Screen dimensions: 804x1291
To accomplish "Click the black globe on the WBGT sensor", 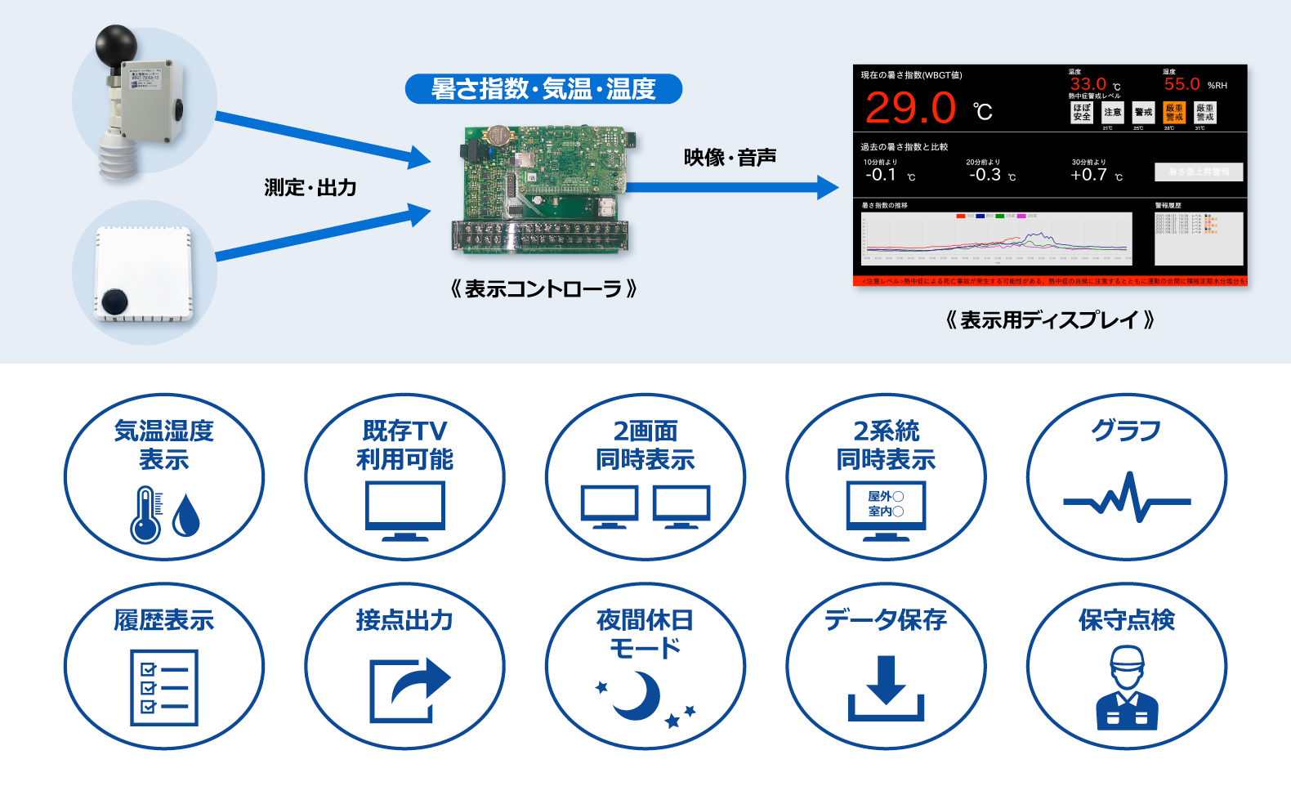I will click(x=117, y=47).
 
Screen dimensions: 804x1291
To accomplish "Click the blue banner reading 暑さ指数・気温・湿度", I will click(x=543, y=88).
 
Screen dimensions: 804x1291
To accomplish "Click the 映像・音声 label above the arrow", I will click(x=730, y=157).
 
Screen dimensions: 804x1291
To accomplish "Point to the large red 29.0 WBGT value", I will click(x=910, y=109).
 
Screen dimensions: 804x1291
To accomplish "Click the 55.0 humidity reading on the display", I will click(x=1182, y=84).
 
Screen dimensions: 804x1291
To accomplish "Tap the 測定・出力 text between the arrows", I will click(x=310, y=187).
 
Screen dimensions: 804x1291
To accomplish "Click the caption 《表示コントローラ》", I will click(x=543, y=289).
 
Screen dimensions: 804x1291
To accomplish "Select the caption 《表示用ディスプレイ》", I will click(x=1049, y=320).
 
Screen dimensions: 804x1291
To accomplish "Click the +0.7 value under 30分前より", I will click(x=1088, y=175).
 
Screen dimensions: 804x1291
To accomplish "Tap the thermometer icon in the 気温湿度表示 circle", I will click(x=146, y=515).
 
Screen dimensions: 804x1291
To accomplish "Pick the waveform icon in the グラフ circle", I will click(x=1126, y=498).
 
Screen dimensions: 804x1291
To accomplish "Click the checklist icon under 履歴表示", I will click(x=164, y=687).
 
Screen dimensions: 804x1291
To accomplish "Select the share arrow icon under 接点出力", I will click(x=409, y=689).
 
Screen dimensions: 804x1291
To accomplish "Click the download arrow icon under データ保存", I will click(x=886, y=687).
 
